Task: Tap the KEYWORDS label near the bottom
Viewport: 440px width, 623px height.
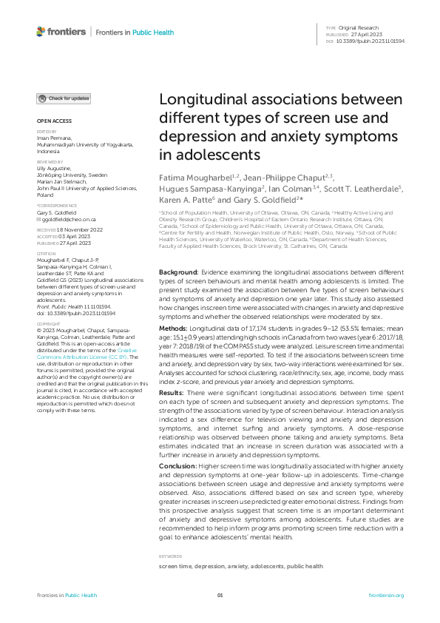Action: tap(171, 555)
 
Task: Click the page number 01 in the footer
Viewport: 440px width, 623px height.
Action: tap(220, 596)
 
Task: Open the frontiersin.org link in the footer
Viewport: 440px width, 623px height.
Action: tap(386, 596)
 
